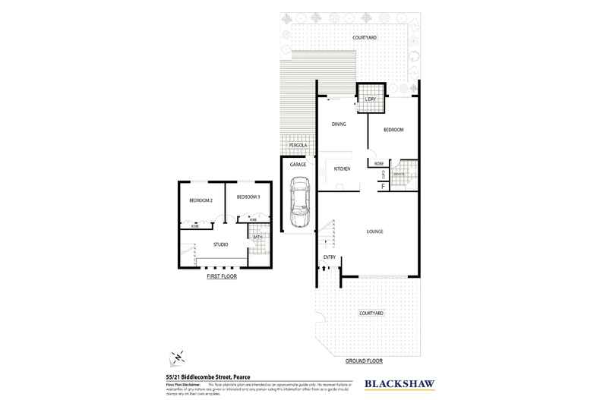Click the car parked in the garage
299,201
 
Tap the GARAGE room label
298,164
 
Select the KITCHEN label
341,169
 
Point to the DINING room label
339,123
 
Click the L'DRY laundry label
371,99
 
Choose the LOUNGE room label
374,231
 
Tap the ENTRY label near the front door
329,257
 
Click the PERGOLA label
297,145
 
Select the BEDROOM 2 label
201,200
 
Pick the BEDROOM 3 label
248,197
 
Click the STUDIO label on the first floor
221,244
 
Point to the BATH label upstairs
257,238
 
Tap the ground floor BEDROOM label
393,130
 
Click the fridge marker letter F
383,186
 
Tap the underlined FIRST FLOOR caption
222,277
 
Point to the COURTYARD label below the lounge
371,313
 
